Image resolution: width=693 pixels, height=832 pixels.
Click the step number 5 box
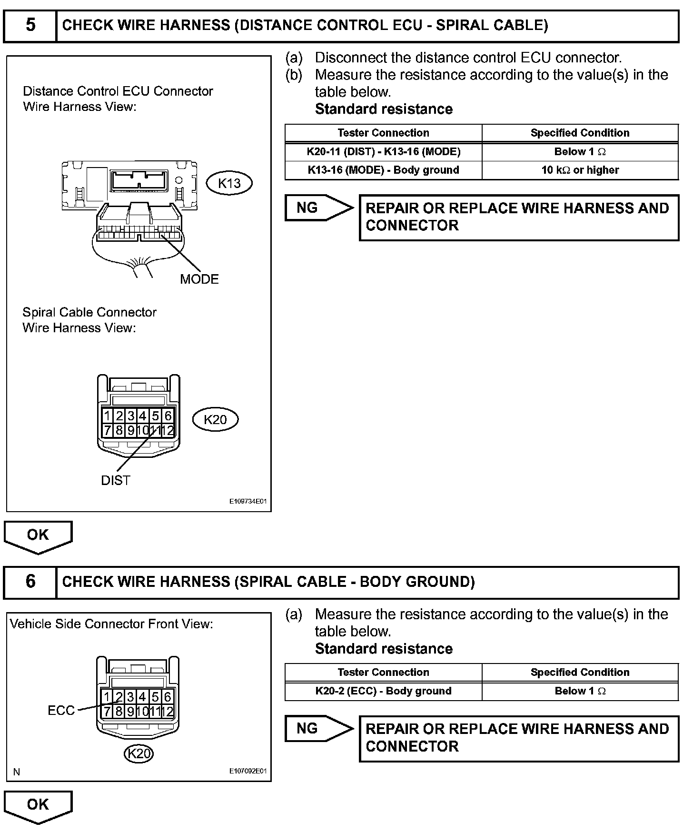pyautogui.click(x=30, y=25)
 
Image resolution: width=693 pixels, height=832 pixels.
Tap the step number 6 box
pyautogui.click(x=30, y=582)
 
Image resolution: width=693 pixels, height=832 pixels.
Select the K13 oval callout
pyautogui.click(x=229, y=183)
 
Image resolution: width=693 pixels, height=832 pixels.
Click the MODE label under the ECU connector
pyautogui.click(x=199, y=279)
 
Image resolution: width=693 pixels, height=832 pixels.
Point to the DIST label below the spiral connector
pyautogui.click(x=115, y=481)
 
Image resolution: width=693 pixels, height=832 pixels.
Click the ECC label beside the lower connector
pyautogui.click(x=61, y=711)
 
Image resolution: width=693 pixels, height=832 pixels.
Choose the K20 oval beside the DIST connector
pyautogui.click(x=215, y=419)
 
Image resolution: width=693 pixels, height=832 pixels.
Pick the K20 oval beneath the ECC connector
pyautogui.click(x=139, y=753)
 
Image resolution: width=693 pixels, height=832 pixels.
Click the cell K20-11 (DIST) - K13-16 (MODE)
pyautogui.click(x=383, y=152)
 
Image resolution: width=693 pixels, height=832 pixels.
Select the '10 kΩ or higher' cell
pyautogui.click(x=580, y=170)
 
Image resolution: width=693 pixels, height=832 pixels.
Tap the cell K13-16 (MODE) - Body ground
pyautogui.click(x=383, y=170)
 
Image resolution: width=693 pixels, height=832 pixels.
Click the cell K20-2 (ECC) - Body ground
pyautogui.click(x=383, y=691)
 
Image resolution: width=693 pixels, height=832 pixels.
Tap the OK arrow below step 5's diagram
pyautogui.click(x=38, y=536)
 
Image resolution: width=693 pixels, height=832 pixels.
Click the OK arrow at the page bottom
pyautogui.click(x=38, y=805)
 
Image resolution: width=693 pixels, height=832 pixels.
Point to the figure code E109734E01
pyautogui.click(x=248, y=502)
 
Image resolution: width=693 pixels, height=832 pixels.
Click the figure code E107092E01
pyautogui.click(x=248, y=771)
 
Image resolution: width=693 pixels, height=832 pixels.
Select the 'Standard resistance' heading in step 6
pyautogui.click(x=384, y=649)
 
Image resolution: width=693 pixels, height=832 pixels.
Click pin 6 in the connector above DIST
pyautogui.click(x=168, y=416)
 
